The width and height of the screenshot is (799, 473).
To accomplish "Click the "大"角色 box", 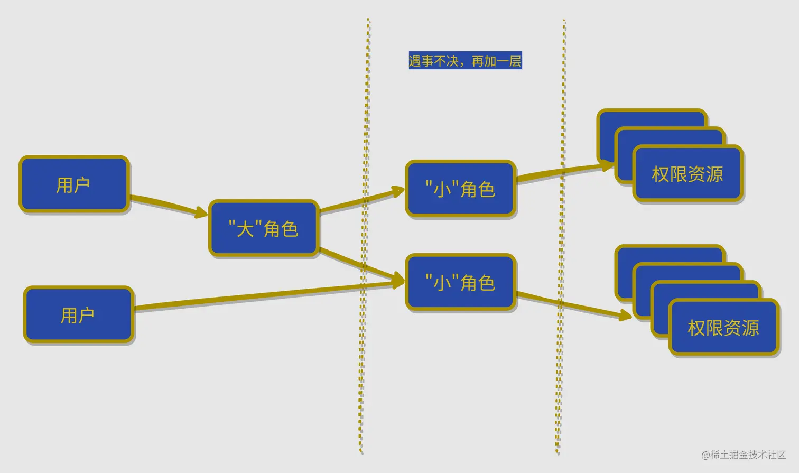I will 264,229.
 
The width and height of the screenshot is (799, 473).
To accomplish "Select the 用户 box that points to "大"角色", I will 74,184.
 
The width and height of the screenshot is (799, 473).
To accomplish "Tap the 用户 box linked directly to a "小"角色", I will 78,315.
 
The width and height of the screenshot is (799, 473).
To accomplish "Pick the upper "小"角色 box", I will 460,189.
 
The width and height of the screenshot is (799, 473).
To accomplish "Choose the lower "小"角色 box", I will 460,282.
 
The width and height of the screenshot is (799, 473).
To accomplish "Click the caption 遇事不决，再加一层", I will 465,61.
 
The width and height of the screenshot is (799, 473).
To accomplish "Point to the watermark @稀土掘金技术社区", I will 743,455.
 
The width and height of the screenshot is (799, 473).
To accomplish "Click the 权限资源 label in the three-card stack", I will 687,174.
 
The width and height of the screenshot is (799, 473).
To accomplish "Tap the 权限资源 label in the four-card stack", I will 723,328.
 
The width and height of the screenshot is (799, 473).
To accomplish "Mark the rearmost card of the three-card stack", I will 653,118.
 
